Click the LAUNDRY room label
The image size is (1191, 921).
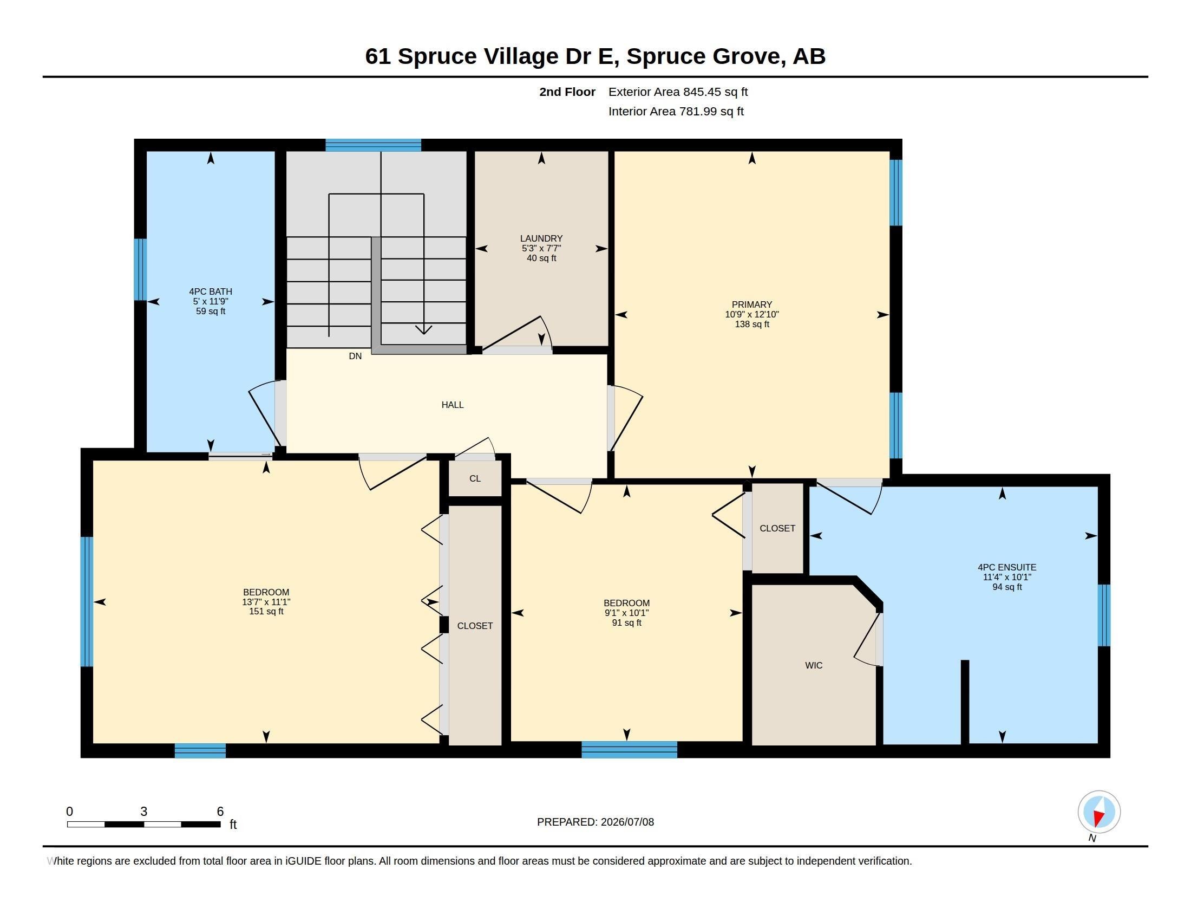pyautogui.click(x=541, y=238)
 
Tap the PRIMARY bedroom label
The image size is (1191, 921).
pyautogui.click(x=751, y=304)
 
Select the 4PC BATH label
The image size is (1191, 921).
pyautogui.click(x=211, y=291)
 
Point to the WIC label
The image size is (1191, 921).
pyautogui.click(x=814, y=665)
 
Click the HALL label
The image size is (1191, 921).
pyautogui.click(x=452, y=405)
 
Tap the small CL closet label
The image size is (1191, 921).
pyautogui.click(x=475, y=478)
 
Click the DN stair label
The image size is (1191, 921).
pyautogui.click(x=355, y=356)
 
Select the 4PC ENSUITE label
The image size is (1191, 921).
pyautogui.click(x=1007, y=567)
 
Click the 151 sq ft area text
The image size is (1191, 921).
pyautogui.click(x=266, y=612)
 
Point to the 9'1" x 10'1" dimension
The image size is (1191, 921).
pyautogui.click(x=626, y=613)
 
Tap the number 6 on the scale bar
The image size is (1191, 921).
pyautogui.click(x=220, y=812)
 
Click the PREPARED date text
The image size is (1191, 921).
pyautogui.click(x=595, y=822)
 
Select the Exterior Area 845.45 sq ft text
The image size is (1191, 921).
pyautogui.click(x=678, y=92)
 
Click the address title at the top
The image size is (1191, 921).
pyautogui.click(x=595, y=56)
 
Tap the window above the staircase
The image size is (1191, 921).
pyautogui.click(x=374, y=145)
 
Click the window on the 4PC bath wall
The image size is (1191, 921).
pyautogui.click(x=141, y=270)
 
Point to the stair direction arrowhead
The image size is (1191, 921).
pyautogui.click(x=424, y=329)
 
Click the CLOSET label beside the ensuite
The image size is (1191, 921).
pyautogui.click(x=777, y=528)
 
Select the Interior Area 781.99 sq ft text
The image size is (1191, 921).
pyautogui.click(x=676, y=111)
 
